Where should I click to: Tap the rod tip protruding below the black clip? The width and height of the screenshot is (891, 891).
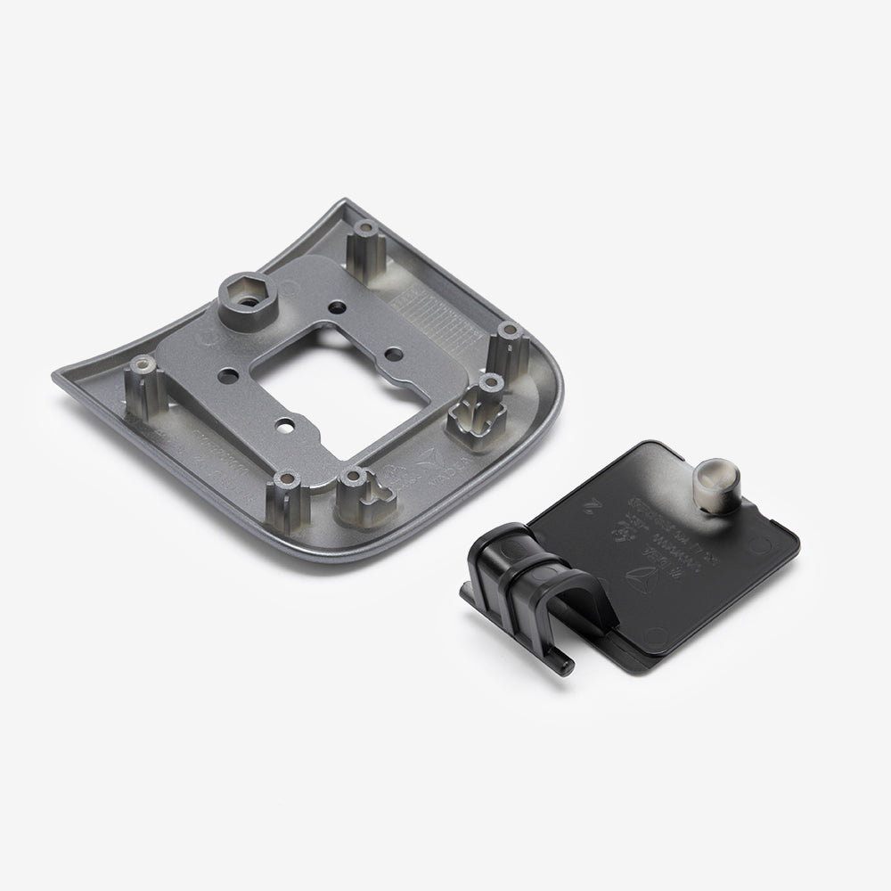click(567, 664)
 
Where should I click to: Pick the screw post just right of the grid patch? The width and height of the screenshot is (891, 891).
click(509, 335)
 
